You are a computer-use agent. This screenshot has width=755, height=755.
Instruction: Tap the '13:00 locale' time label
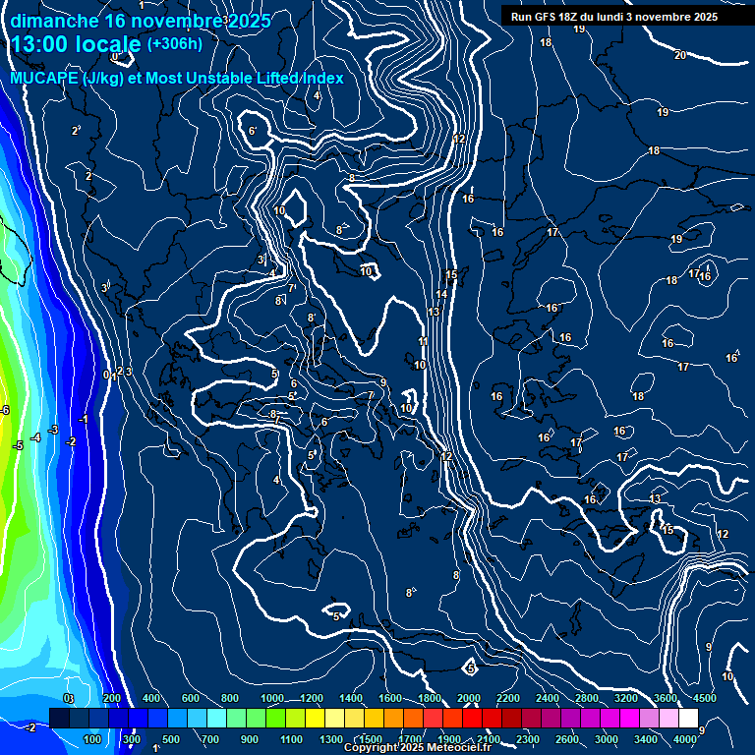click(75, 44)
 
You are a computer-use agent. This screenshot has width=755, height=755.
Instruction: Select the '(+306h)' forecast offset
click(174, 43)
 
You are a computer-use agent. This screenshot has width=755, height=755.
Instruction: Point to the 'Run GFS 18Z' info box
click(613, 17)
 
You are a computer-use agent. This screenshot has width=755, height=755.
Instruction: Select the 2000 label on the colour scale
click(468, 698)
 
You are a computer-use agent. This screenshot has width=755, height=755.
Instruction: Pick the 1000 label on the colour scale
click(271, 698)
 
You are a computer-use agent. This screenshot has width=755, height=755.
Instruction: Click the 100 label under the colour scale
click(93, 739)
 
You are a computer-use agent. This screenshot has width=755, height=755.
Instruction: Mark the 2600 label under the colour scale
click(567, 739)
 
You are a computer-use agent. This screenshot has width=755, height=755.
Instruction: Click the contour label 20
click(680, 55)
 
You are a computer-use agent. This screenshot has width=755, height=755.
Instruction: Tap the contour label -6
click(5, 410)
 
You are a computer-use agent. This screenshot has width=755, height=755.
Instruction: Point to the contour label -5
click(18, 446)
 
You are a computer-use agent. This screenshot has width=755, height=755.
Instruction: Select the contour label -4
click(35, 437)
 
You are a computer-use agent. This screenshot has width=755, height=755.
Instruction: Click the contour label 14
click(442, 294)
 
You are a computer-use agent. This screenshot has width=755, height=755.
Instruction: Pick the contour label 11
click(424, 341)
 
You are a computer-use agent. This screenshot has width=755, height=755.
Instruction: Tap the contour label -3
click(54, 430)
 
